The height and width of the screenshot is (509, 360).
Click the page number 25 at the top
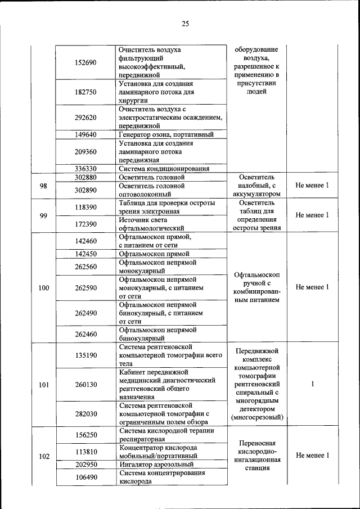pos(185,23)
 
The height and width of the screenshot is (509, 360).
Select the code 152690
pos(85,62)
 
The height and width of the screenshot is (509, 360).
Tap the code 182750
pos(85,92)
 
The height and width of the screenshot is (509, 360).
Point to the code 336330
pos(85,168)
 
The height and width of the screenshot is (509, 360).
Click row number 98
pos(43,186)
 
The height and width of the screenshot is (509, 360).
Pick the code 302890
pos(85,190)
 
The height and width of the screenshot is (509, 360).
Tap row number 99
pos(43,215)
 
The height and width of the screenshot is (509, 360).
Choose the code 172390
pos(85,224)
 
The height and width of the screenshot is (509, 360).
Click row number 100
pos(43,288)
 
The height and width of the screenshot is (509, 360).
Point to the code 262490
pos(85,313)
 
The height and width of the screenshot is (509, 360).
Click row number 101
pos(43,385)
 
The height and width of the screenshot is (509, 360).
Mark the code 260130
pos(85,385)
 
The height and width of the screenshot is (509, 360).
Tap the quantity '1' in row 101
pos(312,385)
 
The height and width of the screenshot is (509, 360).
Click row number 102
pos(43,456)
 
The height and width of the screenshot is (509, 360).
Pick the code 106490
pos(85,478)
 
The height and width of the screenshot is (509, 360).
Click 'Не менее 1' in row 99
pos(312,215)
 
